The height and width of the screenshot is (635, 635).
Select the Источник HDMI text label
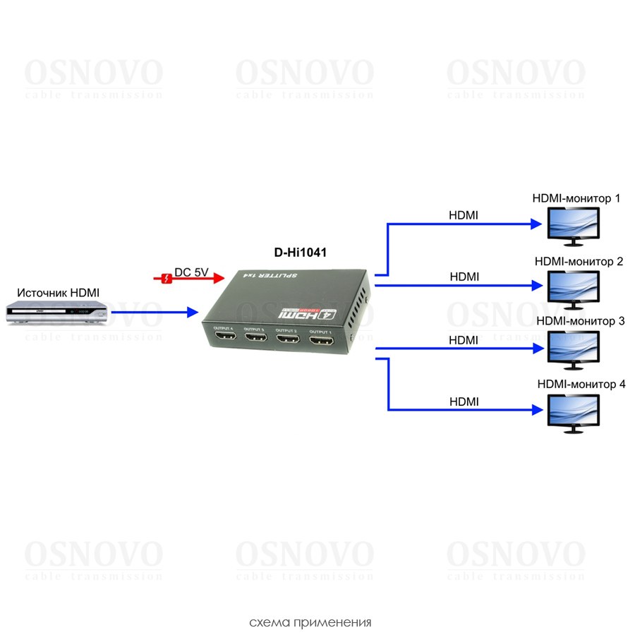[x=59, y=292]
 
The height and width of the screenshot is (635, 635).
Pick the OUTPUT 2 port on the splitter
[x=289, y=341]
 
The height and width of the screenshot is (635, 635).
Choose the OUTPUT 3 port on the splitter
[x=256, y=339]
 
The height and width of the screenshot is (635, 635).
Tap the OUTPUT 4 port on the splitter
[x=225, y=337]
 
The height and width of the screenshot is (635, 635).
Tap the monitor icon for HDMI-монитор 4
[x=574, y=412]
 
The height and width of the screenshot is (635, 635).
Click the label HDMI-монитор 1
[x=576, y=199]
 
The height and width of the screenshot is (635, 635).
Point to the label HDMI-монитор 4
[x=581, y=385]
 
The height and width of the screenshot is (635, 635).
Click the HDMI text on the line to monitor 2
[x=464, y=277]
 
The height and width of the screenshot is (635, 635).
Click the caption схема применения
[x=310, y=623]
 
